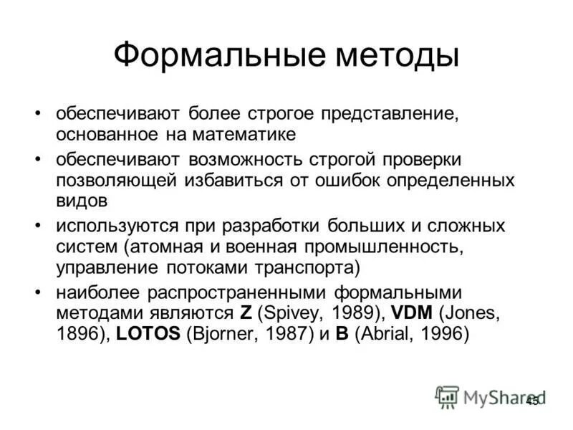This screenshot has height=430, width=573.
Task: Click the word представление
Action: pos(389,114)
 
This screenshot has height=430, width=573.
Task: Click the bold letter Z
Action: pos(245,314)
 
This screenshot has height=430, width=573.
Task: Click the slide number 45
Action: pos(532,401)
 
